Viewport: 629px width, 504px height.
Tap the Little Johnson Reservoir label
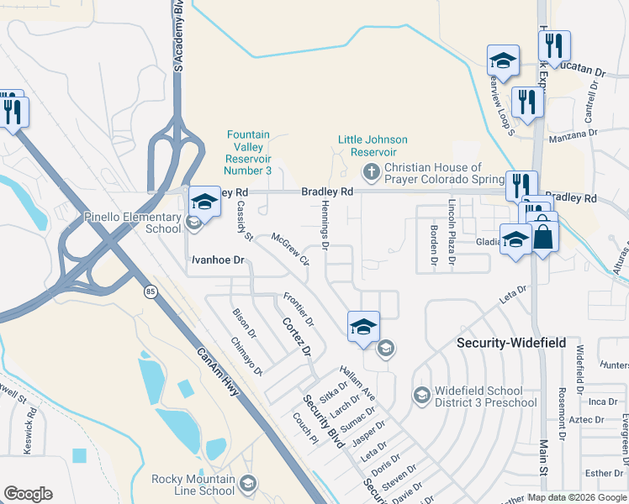point(373,145)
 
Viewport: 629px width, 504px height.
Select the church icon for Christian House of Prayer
point(371,172)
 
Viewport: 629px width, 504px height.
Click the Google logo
point(28,494)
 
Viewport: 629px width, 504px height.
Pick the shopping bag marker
point(543,237)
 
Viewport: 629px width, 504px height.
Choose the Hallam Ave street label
point(357,382)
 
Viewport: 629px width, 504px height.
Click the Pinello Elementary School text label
point(132,223)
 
